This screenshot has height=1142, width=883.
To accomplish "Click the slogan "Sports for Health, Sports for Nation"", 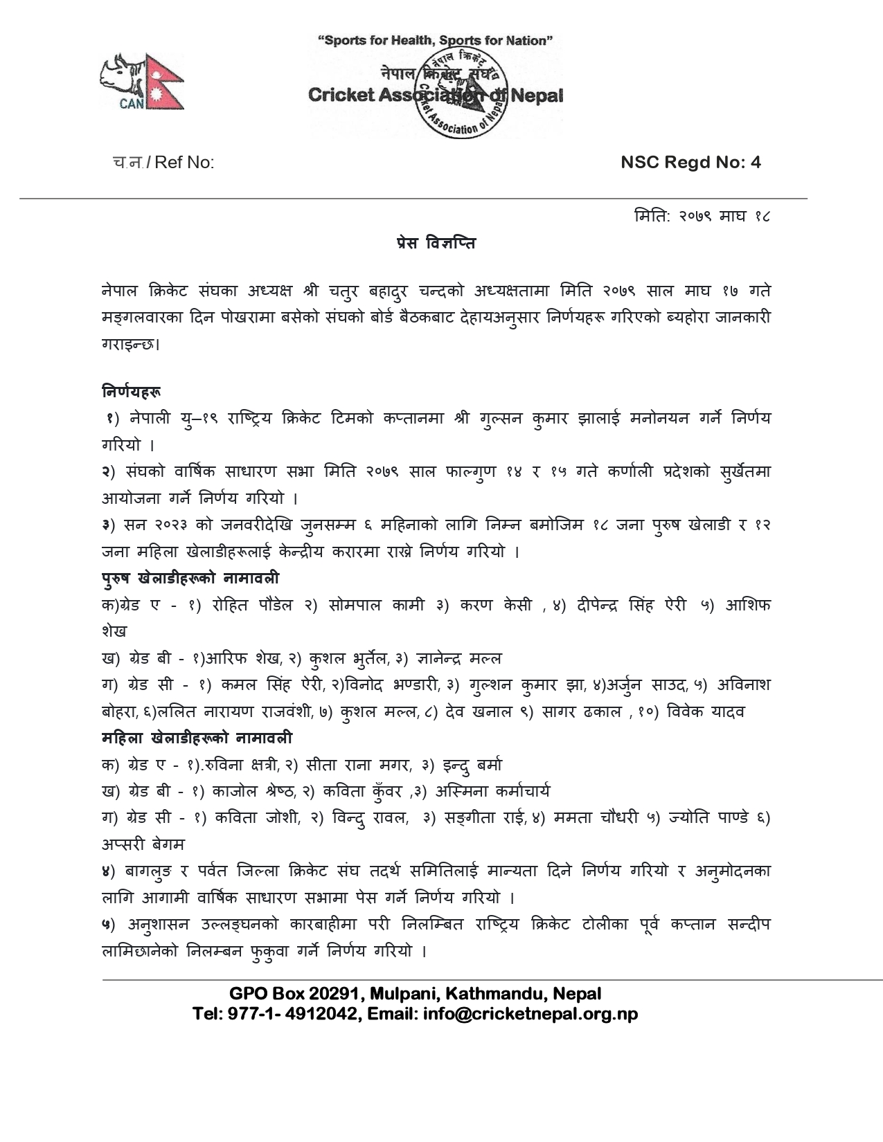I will point(435,41).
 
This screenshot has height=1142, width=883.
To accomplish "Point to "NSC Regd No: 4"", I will point(690,162).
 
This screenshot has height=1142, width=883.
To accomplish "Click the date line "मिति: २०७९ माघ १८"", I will point(702,217).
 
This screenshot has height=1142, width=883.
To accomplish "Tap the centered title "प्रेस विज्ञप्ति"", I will point(436,243).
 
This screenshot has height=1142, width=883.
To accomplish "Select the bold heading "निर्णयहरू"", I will point(132,392).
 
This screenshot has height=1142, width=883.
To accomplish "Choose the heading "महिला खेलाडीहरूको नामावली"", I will point(197,738).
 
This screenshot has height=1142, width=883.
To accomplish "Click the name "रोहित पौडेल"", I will point(249,605).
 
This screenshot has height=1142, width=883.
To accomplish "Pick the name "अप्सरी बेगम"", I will point(143,844).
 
